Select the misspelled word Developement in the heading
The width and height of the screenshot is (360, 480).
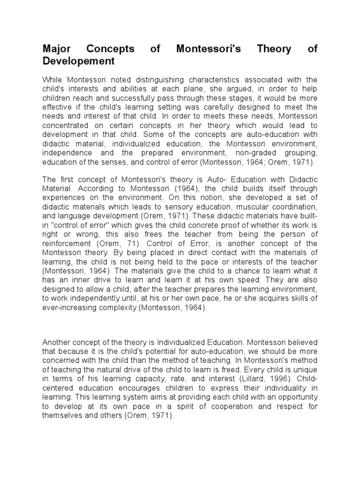click(78, 61)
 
